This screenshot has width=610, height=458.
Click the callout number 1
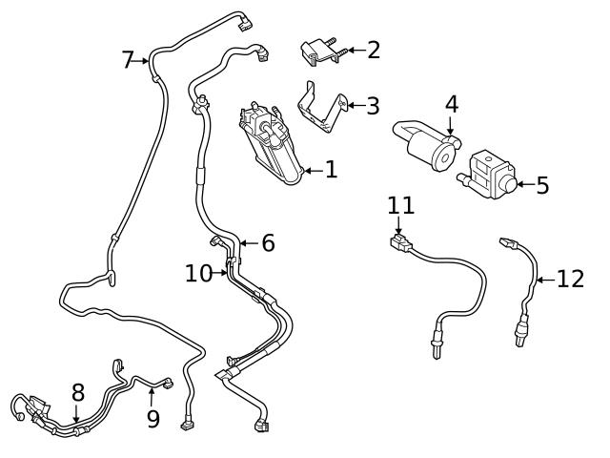[331, 171]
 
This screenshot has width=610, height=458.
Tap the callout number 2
[374, 50]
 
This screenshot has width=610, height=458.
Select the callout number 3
[373, 105]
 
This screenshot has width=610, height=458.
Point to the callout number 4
[451, 103]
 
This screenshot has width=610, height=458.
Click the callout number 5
[542, 184]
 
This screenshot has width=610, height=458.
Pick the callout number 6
[268, 243]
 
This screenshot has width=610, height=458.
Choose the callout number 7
[128, 60]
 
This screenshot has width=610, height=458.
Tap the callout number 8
[78, 391]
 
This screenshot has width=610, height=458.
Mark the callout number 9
[153, 419]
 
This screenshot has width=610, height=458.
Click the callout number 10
[199, 274]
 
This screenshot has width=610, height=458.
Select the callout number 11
[401, 204]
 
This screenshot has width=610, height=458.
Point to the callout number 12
[569, 279]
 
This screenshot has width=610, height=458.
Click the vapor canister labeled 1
[271, 143]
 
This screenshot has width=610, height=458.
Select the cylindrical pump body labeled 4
[428, 148]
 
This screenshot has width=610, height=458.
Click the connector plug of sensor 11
[402, 242]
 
